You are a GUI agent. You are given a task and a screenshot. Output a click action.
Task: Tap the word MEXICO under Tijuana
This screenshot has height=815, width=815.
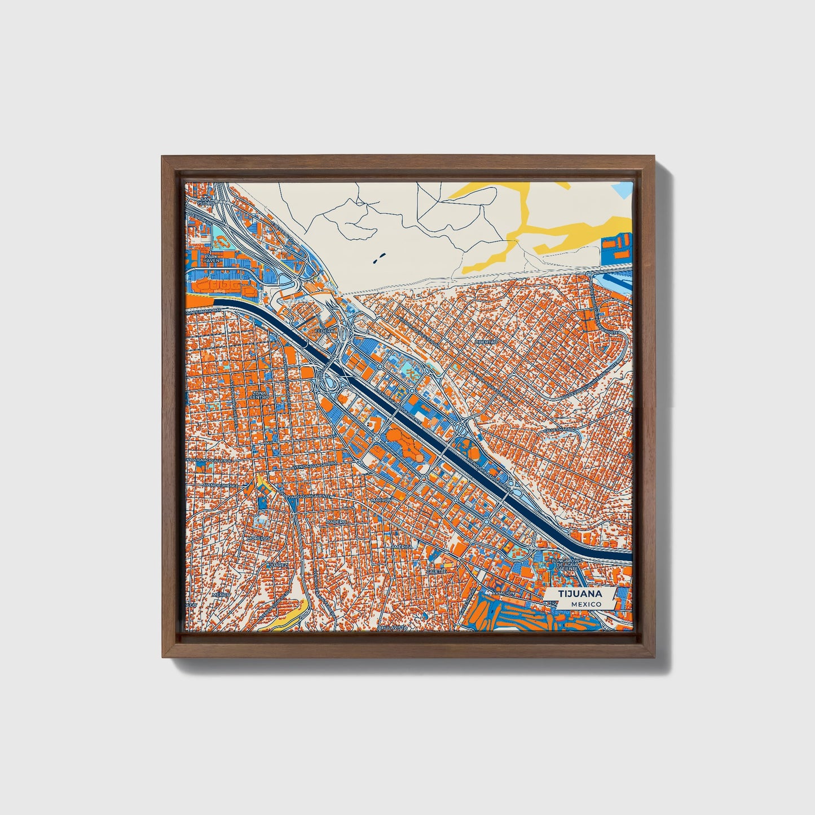585,604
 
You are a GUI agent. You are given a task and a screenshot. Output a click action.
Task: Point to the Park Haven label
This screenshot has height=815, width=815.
212,258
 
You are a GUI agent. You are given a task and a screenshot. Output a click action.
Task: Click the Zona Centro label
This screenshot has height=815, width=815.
261,395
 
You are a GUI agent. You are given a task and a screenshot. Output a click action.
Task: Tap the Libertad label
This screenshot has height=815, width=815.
486,342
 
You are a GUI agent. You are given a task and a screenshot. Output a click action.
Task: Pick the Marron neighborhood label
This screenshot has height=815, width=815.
382,500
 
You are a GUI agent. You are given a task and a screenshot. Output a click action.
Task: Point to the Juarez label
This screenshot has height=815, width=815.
279,565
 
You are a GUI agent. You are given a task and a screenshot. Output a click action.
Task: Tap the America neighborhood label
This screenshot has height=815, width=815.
401,547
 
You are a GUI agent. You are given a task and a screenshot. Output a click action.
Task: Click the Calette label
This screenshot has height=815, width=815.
436,571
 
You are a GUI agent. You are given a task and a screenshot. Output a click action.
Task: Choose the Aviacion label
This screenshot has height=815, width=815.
503,594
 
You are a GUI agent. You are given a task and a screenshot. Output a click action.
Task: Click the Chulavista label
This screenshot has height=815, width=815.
393,627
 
